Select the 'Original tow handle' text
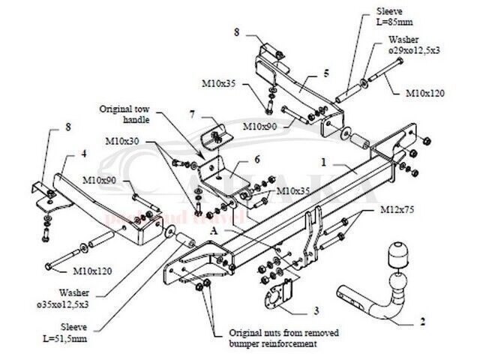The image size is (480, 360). coord(124,114)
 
